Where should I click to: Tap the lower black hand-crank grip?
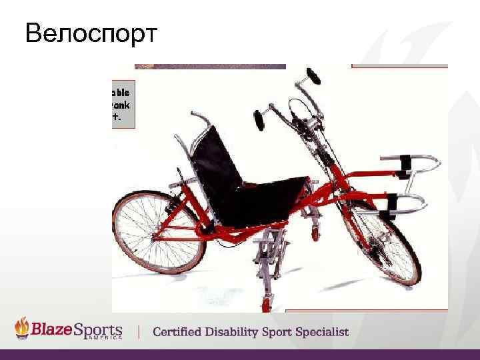pyautogui.click(x=259, y=121)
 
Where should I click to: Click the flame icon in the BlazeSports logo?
pyautogui.click(x=24, y=327)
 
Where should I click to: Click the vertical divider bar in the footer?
pyautogui.click(x=139, y=331)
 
